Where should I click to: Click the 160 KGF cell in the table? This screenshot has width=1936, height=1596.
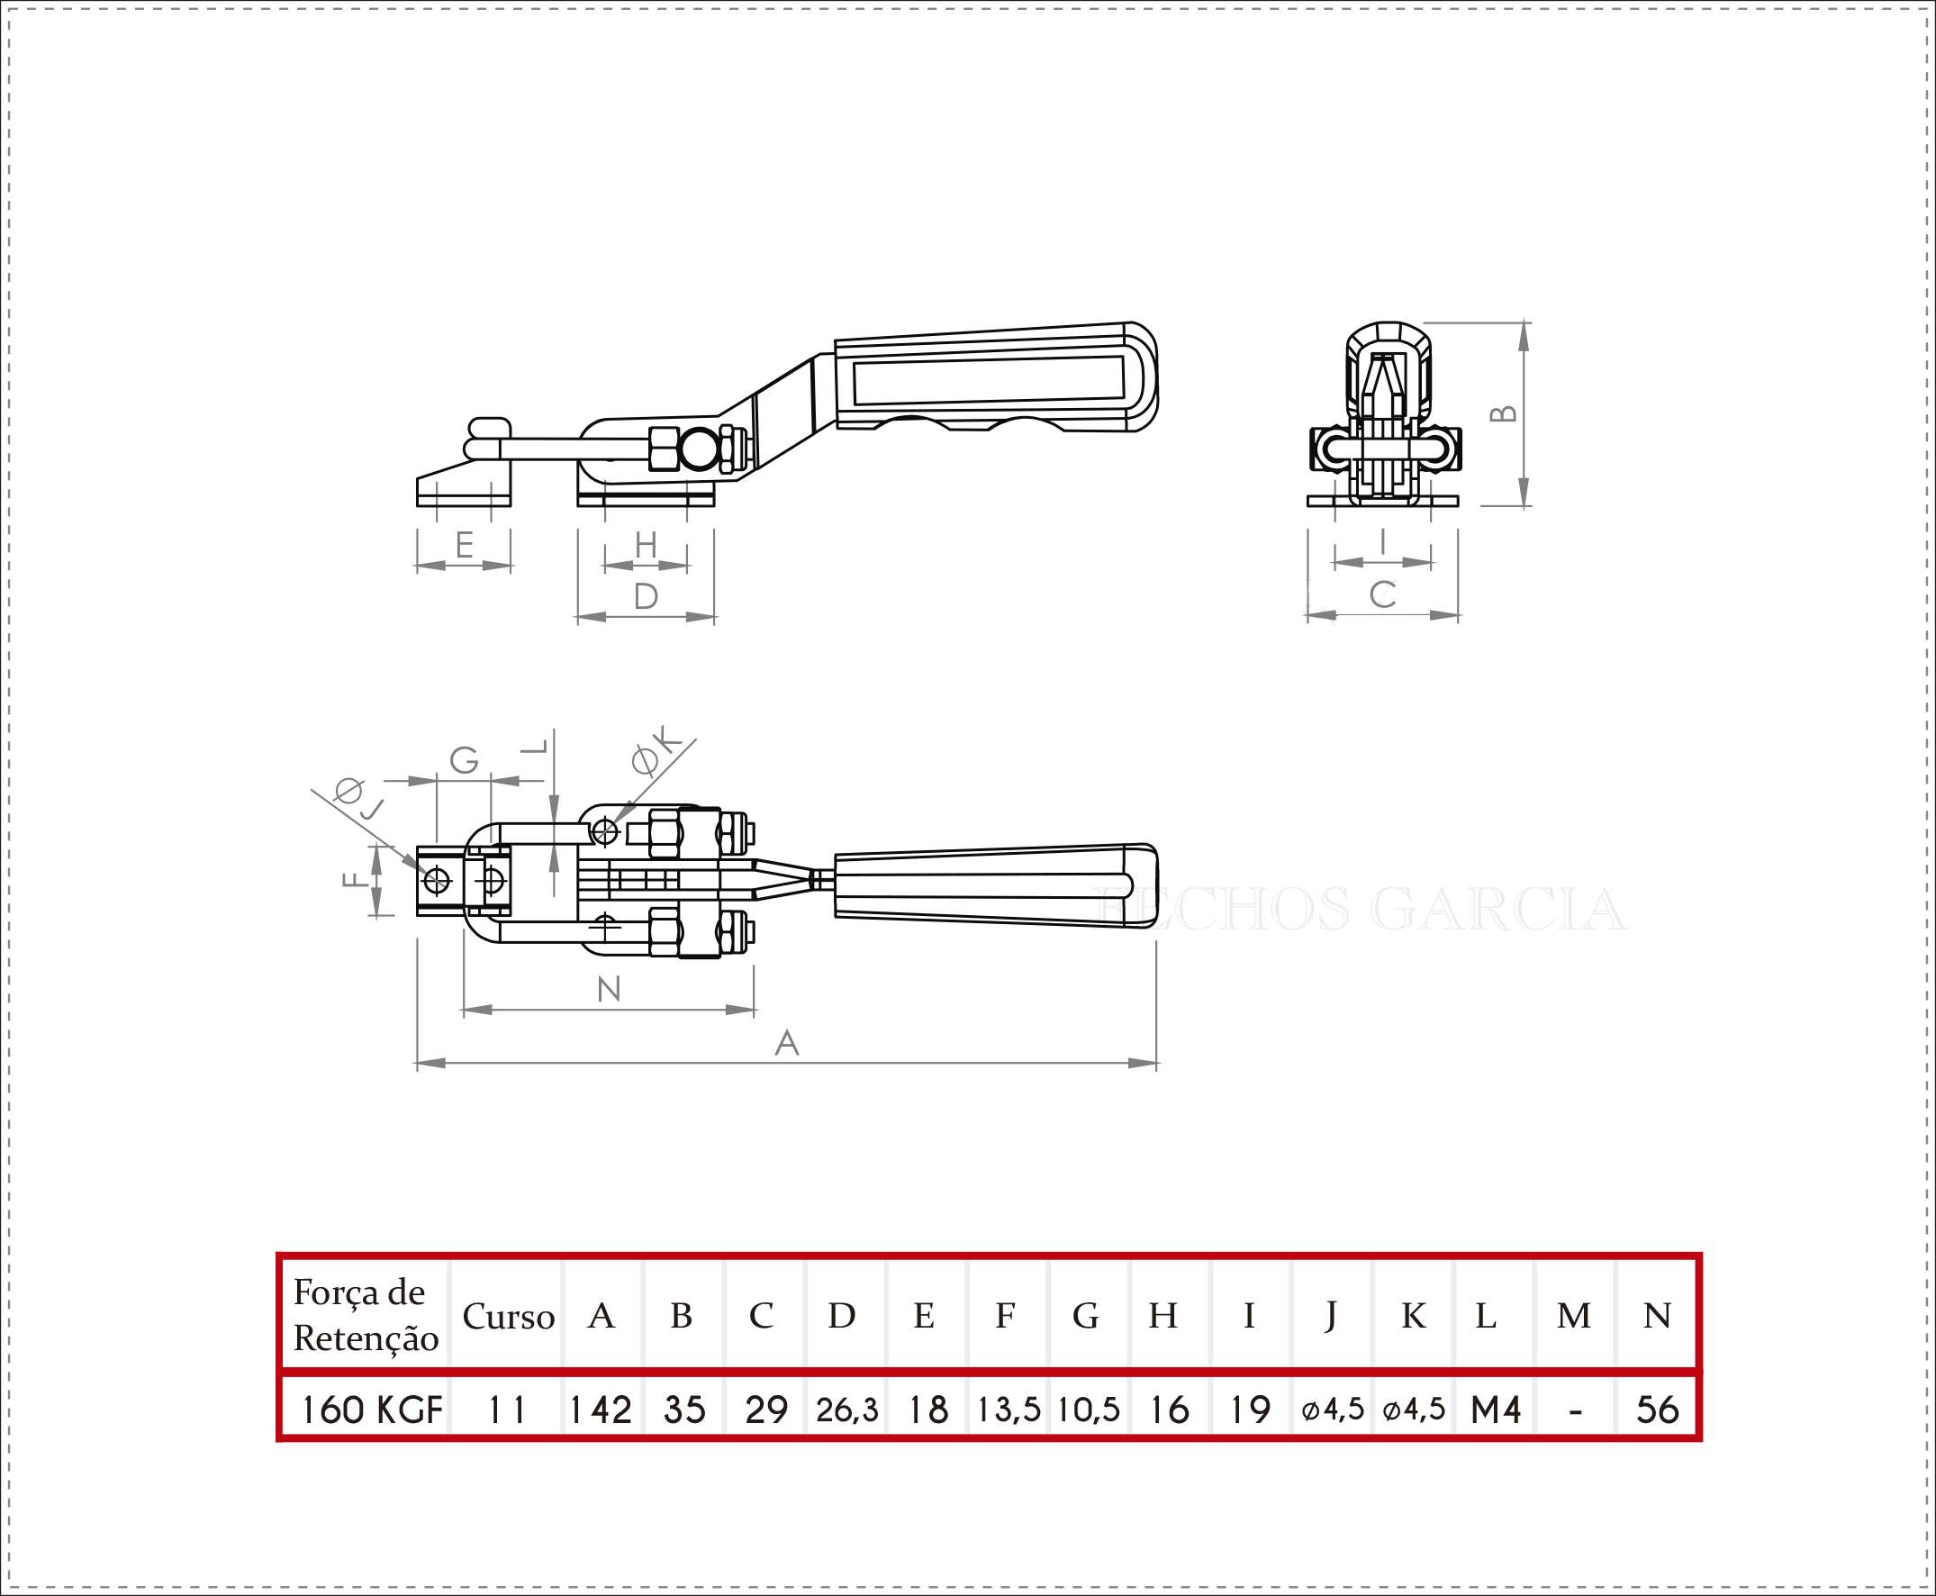point(371,1410)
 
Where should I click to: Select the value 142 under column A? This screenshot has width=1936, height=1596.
point(601,1410)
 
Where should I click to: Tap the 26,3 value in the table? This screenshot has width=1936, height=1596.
point(846,1410)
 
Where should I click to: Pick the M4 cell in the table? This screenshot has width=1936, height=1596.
point(1496,1410)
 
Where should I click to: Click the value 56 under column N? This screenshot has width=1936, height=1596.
point(1658,1410)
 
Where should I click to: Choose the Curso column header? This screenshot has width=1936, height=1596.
point(509,1317)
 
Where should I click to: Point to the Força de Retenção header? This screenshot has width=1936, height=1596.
point(366,1316)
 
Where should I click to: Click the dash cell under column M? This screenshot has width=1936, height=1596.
point(1576,1410)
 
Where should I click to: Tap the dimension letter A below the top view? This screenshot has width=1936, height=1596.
point(787,1043)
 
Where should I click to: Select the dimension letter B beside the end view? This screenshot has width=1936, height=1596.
point(1503,413)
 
